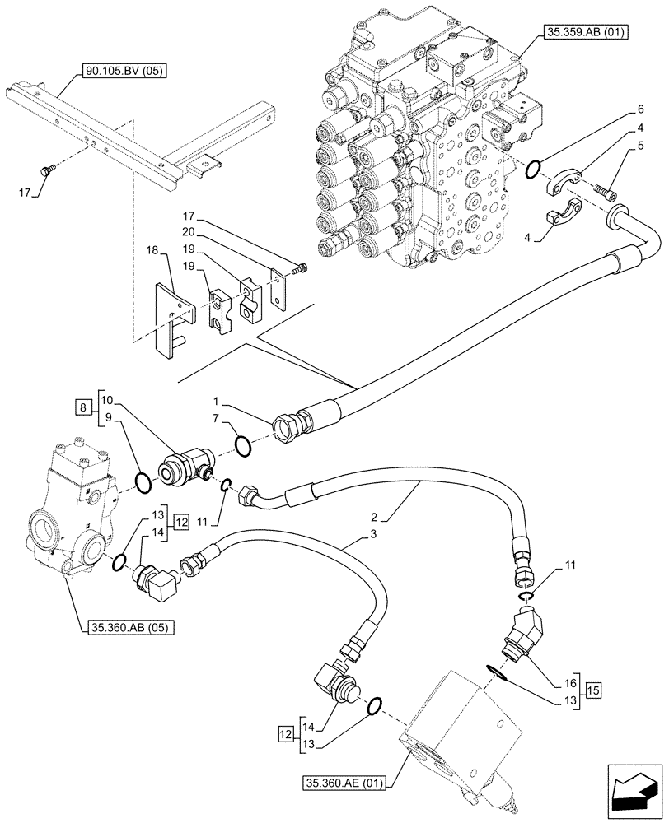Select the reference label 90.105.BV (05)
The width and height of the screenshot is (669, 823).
(125, 72)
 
